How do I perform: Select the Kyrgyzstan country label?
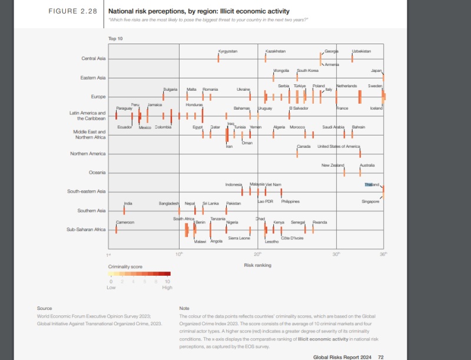coord(227,51)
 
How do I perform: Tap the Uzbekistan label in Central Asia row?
coord(361,51)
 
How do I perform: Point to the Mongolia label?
coord(281,71)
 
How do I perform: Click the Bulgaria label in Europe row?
coord(170,89)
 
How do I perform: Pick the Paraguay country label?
coord(124,108)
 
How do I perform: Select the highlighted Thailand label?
coord(372,185)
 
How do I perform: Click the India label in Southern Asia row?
coord(128,203)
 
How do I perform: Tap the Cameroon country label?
coord(125,222)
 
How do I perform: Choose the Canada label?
coord(303,146)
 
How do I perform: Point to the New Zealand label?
coord(333,166)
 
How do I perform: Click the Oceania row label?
coord(97,173)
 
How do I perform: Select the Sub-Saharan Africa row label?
coord(86,229)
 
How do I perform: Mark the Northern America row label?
coord(88,154)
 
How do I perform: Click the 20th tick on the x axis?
coord(257,255)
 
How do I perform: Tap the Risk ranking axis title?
coord(257,265)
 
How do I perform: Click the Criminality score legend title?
coord(125,267)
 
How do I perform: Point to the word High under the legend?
coord(167,288)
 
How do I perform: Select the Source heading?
coord(44,308)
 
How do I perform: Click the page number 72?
coord(381,356)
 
